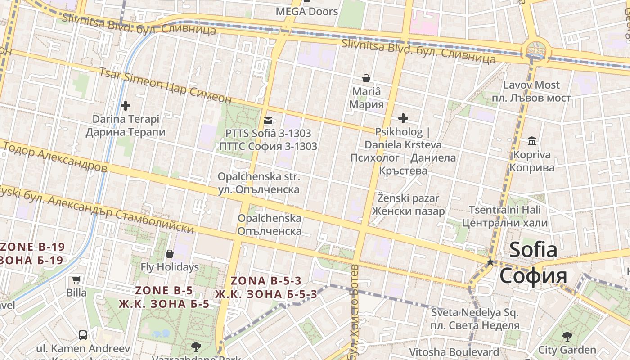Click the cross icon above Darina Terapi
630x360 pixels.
[126, 106]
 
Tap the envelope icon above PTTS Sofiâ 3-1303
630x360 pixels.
[268, 120]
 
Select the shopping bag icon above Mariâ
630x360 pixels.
[367, 78]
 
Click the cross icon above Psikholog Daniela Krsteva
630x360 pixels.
[403, 118]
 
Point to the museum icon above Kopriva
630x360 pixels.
[532, 141]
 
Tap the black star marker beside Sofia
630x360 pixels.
[490, 261]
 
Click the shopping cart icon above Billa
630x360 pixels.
[76, 279]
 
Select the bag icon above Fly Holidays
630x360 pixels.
[170, 254]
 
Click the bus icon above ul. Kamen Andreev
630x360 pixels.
[83, 335]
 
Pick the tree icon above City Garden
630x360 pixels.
[567, 336]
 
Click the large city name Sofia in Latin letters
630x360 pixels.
[533, 250]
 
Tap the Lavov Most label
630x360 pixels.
[531, 85]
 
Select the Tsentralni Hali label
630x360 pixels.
[505, 210]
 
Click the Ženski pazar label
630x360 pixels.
[408, 198]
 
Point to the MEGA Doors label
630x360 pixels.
[307, 12]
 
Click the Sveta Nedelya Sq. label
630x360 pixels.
[475, 312]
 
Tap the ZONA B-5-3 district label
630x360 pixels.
[265, 281]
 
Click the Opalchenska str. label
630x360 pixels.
[259, 177]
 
